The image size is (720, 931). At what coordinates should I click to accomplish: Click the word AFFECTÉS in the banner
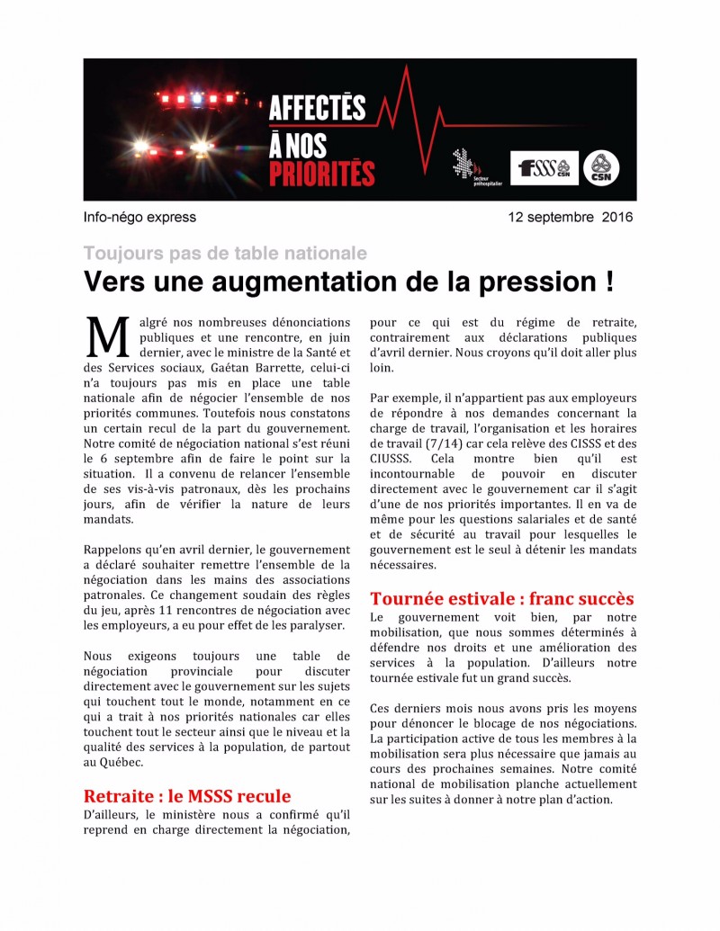[x=317, y=108]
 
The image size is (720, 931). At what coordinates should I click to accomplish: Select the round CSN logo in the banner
[x=600, y=168]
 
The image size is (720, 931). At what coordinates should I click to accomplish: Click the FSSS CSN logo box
[x=544, y=167]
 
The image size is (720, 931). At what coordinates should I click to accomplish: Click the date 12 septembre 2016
[x=570, y=217]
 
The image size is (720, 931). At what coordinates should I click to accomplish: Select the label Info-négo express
[x=139, y=217]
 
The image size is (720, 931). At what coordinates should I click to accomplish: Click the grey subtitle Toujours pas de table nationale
[x=225, y=253]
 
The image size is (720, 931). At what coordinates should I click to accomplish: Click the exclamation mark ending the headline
[x=609, y=282]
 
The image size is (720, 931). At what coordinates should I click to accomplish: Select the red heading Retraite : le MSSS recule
[x=187, y=796]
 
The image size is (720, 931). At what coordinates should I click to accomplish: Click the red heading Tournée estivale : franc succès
[x=502, y=598]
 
